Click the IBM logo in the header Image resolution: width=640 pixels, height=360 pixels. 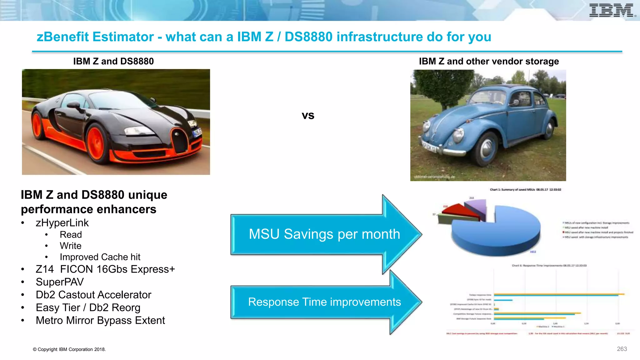pos(612,10)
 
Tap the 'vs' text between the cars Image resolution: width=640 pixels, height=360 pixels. pos(308,116)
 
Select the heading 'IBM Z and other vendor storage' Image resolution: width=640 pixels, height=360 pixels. pos(489,61)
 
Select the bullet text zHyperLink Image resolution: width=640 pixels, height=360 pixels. pos(62,223)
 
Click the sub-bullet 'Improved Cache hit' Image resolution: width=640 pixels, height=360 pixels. pos(100,257)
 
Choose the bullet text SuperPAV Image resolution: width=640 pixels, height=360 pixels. pos(60,282)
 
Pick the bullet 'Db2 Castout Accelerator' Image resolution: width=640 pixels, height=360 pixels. pos(93,295)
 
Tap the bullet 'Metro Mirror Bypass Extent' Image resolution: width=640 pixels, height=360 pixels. pos(100,320)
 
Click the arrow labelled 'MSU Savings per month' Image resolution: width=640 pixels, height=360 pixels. pos(324,234)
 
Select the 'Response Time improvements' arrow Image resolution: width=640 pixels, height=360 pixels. pos(324,302)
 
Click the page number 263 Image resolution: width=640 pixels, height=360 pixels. pos(622,349)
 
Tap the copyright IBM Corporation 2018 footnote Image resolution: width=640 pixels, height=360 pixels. pos(69,349)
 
